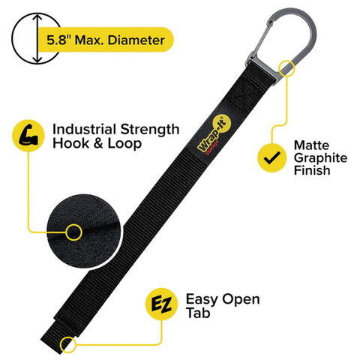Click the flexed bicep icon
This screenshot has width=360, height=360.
(x=28, y=136)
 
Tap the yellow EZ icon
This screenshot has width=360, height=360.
(x=161, y=304)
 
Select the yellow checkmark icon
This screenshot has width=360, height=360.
(x=272, y=157)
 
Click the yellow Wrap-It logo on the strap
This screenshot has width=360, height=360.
(x=212, y=134)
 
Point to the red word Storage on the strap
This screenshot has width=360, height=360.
(x=212, y=148)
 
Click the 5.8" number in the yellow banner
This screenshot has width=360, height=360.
(x=59, y=40)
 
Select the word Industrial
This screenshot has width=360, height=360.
(x=85, y=130)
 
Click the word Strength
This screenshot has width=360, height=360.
(x=150, y=130)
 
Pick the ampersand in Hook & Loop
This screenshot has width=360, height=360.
(x=99, y=144)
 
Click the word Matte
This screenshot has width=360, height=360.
(x=311, y=145)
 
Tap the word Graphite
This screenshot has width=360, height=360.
(x=320, y=158)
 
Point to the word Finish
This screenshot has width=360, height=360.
(x=312, y=170)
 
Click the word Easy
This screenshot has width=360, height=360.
(x=202, y=299)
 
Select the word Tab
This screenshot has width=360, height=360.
(x=198, y=313)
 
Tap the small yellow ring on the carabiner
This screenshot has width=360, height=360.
(x=287, y=67)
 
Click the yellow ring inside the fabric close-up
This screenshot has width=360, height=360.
(x=73, y=232)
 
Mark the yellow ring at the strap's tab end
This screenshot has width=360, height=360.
(x=68, y=344)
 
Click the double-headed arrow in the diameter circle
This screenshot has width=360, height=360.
(x=37, y=39)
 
